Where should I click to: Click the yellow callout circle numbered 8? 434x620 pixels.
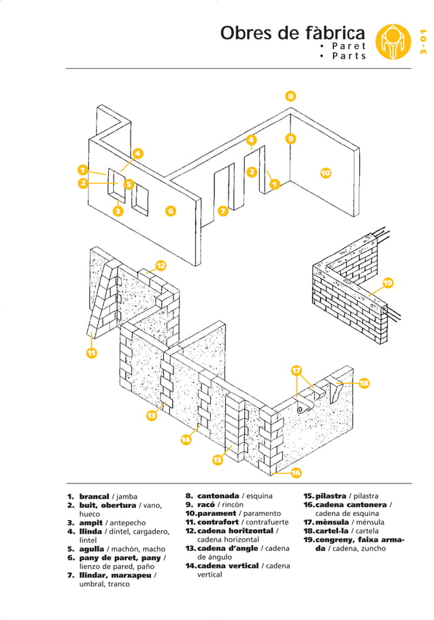tap(290, 96)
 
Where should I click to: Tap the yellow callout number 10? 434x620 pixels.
tap(325, 173)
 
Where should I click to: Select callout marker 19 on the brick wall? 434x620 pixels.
tap(388, 283)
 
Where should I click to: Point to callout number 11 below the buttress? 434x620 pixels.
tap(90, 353)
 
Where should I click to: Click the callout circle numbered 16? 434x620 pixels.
tap(296, 472)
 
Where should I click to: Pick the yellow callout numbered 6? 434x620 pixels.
tap(171, 211)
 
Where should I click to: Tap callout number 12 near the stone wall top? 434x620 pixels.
tap(161, 265)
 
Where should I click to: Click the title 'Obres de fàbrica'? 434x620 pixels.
tap(293, 33)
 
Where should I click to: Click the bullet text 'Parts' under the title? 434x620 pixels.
tap(348, 56)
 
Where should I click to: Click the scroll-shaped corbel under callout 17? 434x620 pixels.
tap(304, 408)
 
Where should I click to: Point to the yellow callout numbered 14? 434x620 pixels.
tap(186, 439)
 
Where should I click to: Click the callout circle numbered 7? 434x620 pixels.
tap(222, 211)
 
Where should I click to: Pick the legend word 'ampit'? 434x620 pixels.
tap(90, 522)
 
